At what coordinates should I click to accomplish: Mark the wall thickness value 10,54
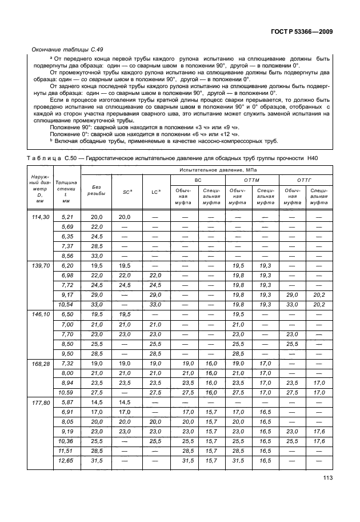67,305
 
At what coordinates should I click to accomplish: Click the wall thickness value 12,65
67,461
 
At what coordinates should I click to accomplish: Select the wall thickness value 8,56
67,256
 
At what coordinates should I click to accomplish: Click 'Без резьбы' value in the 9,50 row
96,353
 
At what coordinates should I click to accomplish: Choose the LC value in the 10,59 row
155,392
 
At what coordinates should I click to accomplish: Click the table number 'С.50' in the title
71,157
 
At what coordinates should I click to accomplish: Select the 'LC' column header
155,192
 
